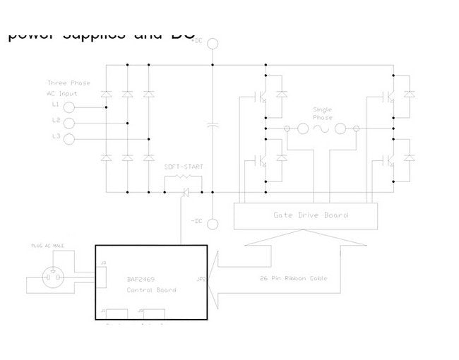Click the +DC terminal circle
tap(213, 44)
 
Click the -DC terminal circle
tap(213, 224)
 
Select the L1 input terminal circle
tap(69, 107)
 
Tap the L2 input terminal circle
tap(69, 123)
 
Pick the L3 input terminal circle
tap(69, 138)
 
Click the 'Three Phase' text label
tap(68, 83)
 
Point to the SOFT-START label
tap(184, 167)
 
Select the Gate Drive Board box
tap(306, 215)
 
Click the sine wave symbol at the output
tap(322, 128)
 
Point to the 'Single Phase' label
tap(322, 113)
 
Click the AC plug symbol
tap(53, 277)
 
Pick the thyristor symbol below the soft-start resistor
tap(186, 191)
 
